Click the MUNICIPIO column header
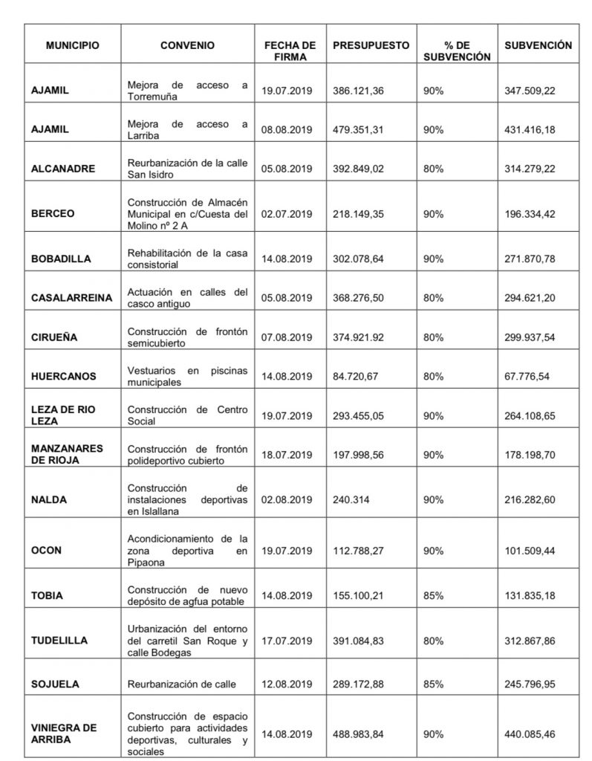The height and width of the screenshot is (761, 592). pos(71,45)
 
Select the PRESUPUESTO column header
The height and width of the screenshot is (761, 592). pos(371,45)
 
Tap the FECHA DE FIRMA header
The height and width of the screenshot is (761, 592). pos(290,51)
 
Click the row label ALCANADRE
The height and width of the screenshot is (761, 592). pos(63,169)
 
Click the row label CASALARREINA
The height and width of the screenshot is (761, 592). pos(71,298)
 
